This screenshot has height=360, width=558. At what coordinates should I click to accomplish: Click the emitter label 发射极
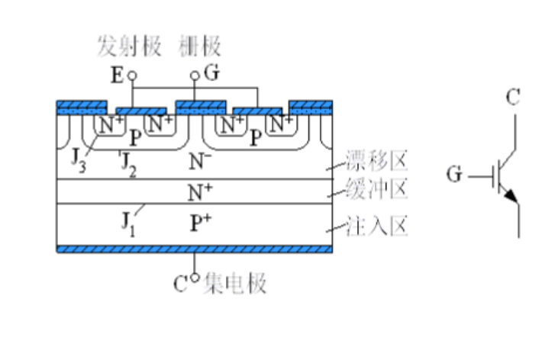click(129, 47)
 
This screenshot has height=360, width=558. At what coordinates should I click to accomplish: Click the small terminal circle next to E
click(131, 76)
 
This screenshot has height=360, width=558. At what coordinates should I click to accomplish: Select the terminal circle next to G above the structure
click(195, 76)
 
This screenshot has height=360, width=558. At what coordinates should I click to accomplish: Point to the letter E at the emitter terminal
click(117, 76)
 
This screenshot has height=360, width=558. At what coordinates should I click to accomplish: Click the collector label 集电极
click(234, 284)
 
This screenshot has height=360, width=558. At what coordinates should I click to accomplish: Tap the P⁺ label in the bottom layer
click(199, 223)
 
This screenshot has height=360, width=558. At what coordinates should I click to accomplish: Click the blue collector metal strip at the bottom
click(195, 249)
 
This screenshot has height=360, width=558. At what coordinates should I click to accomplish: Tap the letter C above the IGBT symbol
click(514, 97)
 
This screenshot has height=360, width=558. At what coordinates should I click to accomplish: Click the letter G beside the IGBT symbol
click(455, 176)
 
